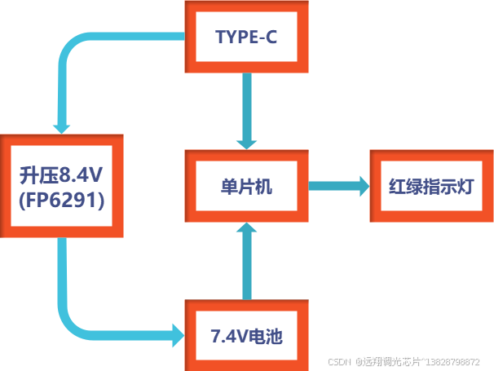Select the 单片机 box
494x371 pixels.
tap(247, 187)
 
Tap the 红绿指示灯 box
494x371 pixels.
tap(430, 187)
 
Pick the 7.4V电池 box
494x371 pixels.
tap(247, 335)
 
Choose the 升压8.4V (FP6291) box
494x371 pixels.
tap(62, 186)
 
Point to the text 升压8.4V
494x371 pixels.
tap(62, 174)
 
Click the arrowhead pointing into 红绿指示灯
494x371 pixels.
tap(360, 187)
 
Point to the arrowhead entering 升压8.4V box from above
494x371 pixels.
tap(62, 126)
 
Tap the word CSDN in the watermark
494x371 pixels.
tap(338, 361)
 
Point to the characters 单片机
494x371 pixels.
tap(247, 187)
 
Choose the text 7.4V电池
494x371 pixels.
tap(247, 335)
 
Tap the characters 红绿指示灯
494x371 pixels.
tap(430, 187)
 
